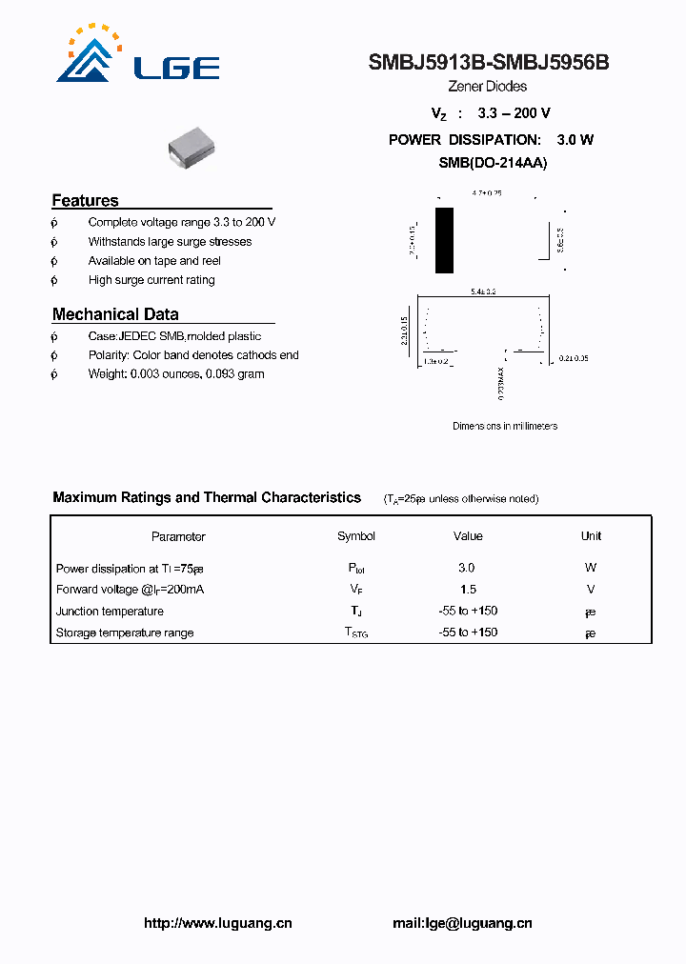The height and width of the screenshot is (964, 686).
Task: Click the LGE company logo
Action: coord(138,54)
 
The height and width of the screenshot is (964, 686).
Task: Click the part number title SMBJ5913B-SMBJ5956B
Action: coord(489,63)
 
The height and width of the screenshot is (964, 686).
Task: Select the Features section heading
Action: coord(85,200)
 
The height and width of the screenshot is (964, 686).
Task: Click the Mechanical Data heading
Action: coord(115,314)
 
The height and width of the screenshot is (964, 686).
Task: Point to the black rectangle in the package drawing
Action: coord(444,240)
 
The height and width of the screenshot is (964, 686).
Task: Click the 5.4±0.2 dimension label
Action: coord(484,291)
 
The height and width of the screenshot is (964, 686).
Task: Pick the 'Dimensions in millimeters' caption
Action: coord(504,426)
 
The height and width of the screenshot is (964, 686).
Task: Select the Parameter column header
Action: coord(178,536)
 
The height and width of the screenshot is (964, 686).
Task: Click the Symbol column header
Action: coord(356,536)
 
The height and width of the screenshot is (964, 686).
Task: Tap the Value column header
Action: coord(468,536)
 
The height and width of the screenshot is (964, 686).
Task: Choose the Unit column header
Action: coord(591,536)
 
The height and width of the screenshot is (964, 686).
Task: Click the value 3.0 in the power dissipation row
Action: coord(466,568)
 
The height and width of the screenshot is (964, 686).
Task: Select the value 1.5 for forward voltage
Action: coord(467,590)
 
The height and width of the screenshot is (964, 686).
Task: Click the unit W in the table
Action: coord(591,568)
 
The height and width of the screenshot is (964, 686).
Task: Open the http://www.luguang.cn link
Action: coord(217,923)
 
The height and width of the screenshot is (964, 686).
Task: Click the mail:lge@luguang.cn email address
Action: coord(462,923)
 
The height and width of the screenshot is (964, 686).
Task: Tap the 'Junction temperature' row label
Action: coord(110,612)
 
